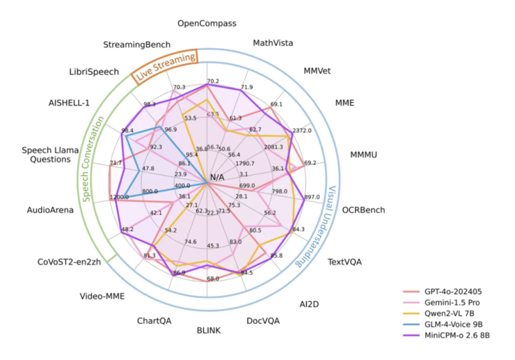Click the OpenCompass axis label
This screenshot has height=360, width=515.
pos(207,24)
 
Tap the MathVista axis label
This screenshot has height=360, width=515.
pos(273,43)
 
